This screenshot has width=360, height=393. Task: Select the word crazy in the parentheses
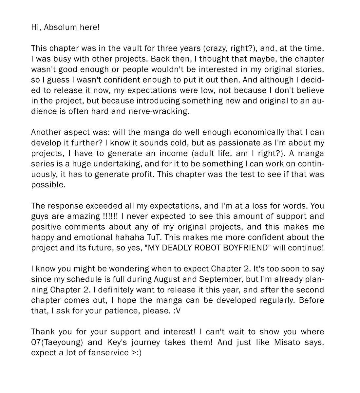click(216, 48)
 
